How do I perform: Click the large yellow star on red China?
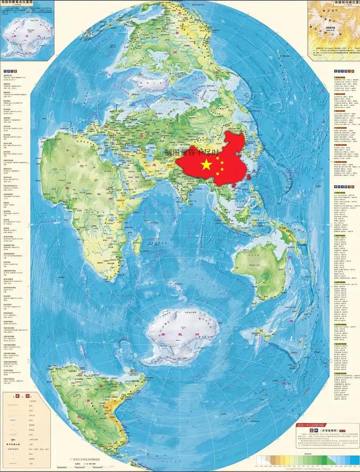[206, 165]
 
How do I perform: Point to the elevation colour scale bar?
[306, 459]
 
